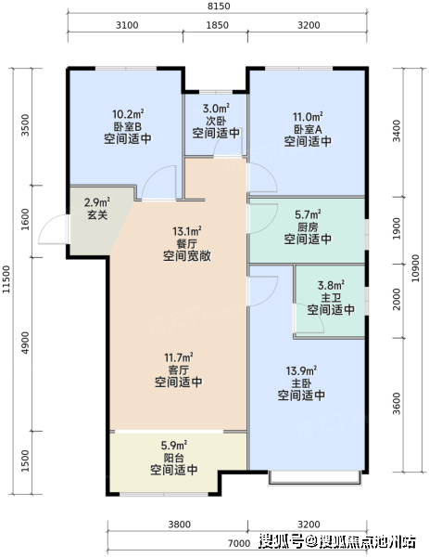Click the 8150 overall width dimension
coord(219,6)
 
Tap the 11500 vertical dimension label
coord(6,279)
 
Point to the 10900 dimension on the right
coord(415,268)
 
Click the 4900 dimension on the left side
coord(25,343)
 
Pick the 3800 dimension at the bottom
coord(180,525)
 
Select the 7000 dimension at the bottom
coord(239,543)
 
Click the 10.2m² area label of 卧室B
coord(128,114)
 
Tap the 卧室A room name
coord(308,129)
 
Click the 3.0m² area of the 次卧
coord(216,108)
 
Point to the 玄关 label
coord(97,215)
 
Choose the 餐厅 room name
coord(187,243)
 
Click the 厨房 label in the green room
coord(308,227)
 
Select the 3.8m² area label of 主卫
coord(331,285)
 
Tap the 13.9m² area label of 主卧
coord(301,370)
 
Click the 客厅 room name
coord(178,369)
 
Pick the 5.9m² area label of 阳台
coord(174,445)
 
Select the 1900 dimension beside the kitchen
coord(397,228)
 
